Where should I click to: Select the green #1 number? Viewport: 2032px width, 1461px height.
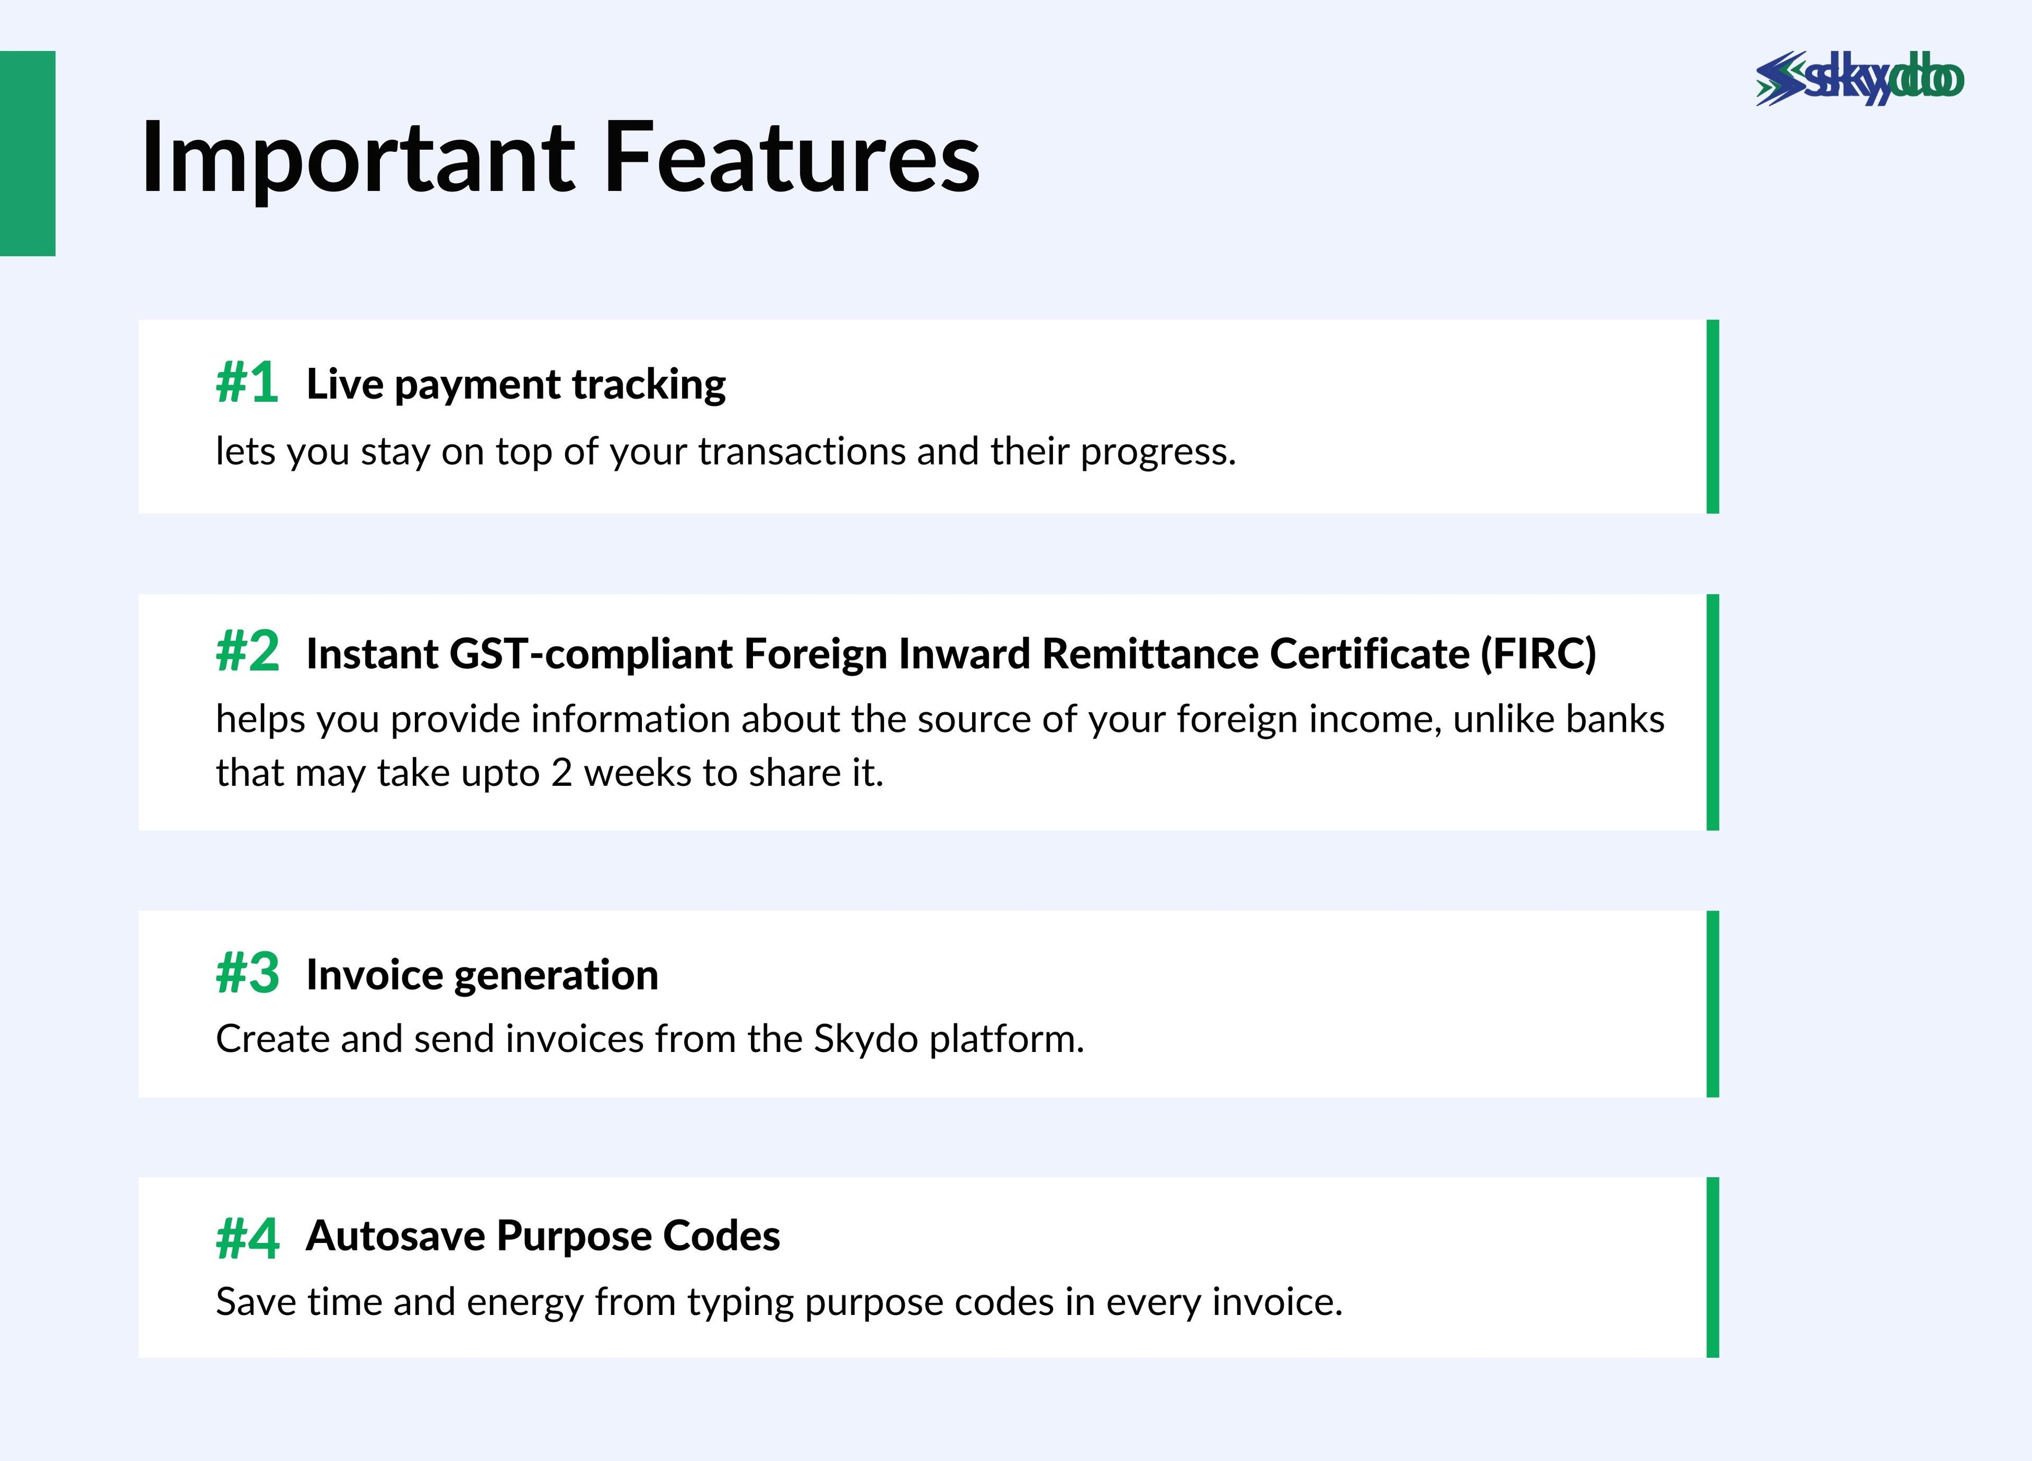pyautogui.click(x=247, y=384)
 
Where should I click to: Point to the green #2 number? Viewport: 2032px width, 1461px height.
pyautogui.click(x=247, y=651)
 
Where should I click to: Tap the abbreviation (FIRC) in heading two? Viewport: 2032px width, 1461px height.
pyautogui.click(x=1538, y=653)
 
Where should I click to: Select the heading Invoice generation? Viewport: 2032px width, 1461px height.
pyautogui.click(x=482, y=975)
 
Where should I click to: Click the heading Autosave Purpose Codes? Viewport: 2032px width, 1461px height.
pyautogui.click(x=543, y=1236)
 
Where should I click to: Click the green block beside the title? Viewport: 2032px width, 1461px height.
pyautogui.click(x=28, y=153)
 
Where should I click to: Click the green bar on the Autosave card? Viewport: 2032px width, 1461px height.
pyautogui.click(x=1713, y=1267)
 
